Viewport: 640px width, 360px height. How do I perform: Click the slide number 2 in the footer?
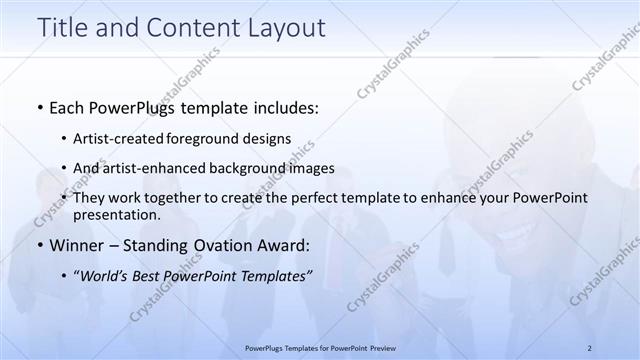pos(589,347)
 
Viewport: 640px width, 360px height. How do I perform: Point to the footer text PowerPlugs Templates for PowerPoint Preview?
pos(325,347)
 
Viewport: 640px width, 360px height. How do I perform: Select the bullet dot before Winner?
pos(38,245)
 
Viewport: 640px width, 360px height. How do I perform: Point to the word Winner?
pos(78,245)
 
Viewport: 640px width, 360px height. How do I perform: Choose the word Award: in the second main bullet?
pos(286,245)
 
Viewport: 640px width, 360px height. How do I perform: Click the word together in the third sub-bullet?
pos(197,198)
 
